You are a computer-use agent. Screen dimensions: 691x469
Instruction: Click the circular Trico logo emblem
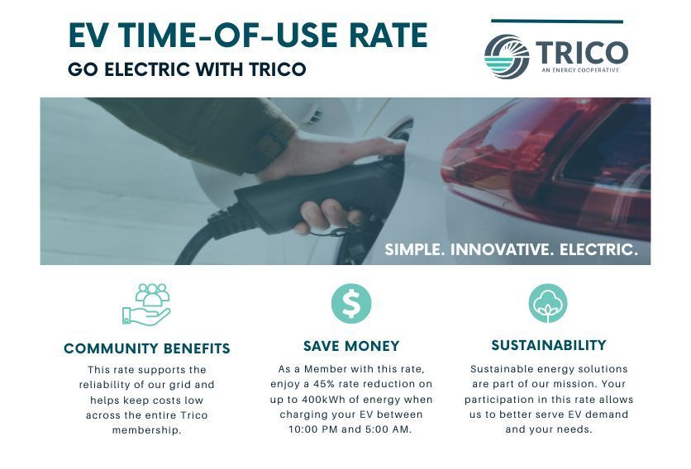(507, 56)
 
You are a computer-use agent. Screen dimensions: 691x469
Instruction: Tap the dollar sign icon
(351, 303)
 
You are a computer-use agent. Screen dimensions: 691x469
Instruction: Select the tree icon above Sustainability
(548, 303)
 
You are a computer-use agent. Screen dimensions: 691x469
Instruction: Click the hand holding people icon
(146, 305)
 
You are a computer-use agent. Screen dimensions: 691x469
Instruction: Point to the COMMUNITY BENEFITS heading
(147, 348)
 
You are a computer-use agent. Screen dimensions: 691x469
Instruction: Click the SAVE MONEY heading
(351, 346)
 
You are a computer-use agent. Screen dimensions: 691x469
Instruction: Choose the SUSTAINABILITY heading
(549, 345)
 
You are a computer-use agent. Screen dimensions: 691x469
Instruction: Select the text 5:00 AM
(388, 429)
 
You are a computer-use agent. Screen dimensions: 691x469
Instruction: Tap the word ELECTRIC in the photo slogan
(598, 249)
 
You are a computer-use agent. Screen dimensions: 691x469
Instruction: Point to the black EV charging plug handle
(308, 198)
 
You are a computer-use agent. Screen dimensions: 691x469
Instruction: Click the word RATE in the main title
(388, 36)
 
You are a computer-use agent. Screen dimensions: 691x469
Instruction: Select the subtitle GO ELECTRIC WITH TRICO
(187, 69)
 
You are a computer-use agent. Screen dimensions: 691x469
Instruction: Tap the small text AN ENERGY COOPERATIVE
(580, 70)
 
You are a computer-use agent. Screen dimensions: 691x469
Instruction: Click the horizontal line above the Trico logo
(557, 21)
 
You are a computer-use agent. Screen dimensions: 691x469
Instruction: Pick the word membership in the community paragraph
(146, 430)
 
